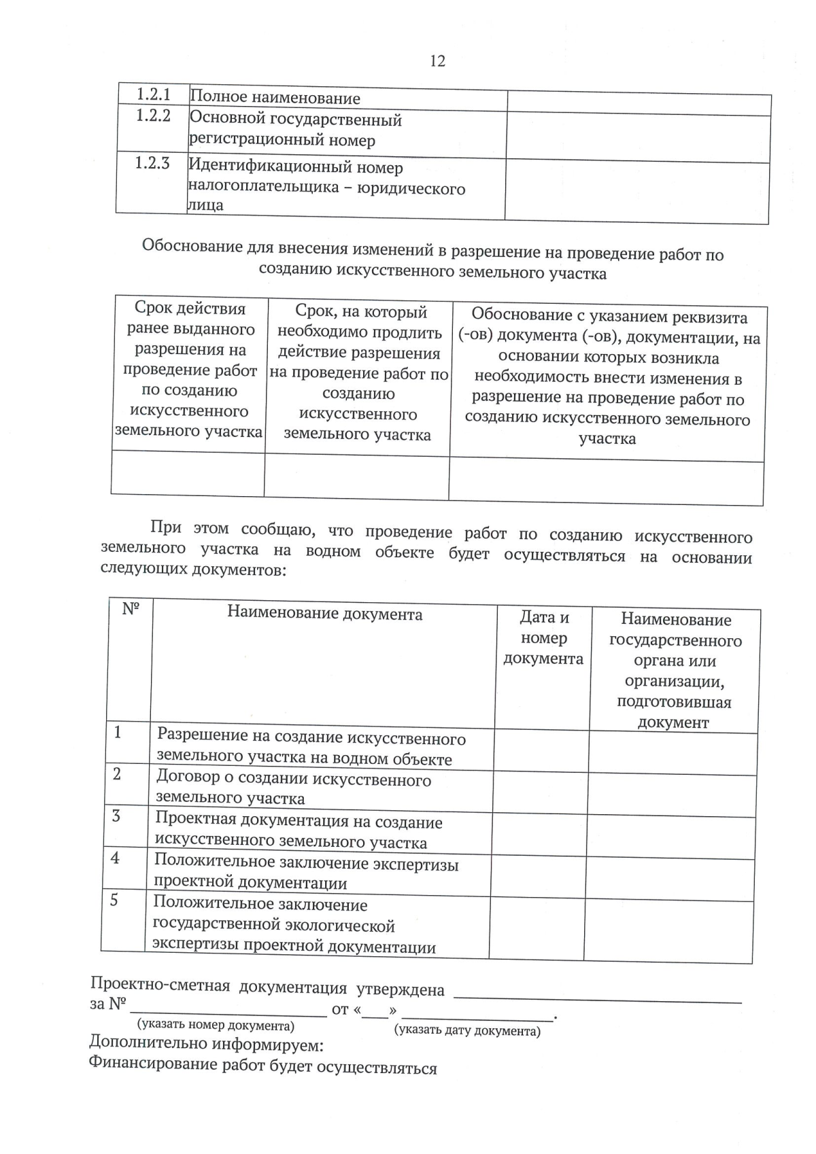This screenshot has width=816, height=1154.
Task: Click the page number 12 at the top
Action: point(437,61)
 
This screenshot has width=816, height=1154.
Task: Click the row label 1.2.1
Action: point(154,94)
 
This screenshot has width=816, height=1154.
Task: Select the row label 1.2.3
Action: point(152,164)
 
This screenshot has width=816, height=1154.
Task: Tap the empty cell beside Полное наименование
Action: point(639,103)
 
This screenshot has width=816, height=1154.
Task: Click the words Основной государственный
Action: point(295,120)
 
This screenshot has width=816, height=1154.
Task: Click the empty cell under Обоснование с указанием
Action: point(606,482)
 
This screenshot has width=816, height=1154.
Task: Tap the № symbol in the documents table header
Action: point(130,609)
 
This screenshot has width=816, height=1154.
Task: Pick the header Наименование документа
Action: point(324,614)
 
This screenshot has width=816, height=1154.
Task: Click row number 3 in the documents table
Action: point(116,816)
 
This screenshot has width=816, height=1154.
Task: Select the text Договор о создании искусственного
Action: point(294,779)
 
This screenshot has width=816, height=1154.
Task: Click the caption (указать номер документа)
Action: point(216,1026)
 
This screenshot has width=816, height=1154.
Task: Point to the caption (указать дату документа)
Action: point(468,1031)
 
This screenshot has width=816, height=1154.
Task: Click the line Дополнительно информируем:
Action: point(206,1045)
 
